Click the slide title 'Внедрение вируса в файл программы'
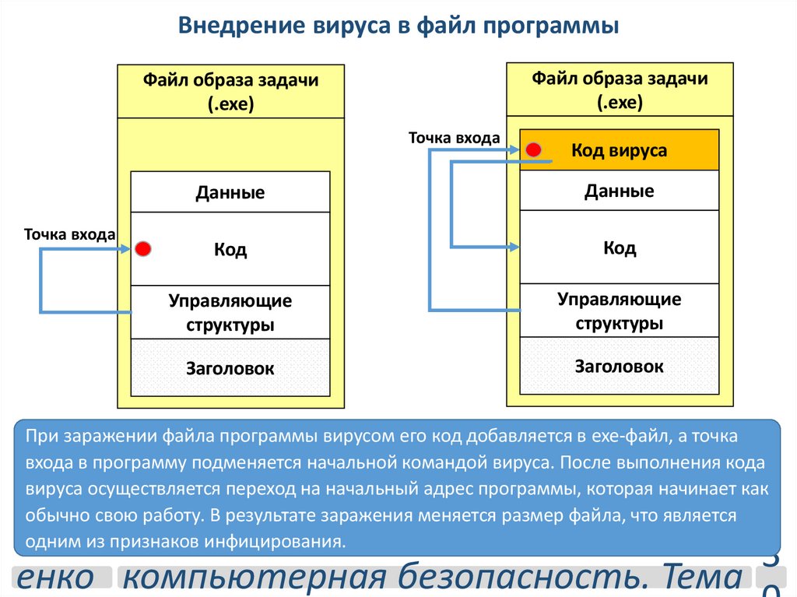398,26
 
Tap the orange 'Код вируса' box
619,150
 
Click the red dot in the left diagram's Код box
142,249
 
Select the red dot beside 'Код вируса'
533,149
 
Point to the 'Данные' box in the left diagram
230,192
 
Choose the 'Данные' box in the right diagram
619,191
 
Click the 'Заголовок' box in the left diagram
230,368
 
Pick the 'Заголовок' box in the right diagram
619,366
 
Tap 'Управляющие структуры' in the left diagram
230,312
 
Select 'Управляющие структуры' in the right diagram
619,311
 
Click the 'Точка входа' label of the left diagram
69,234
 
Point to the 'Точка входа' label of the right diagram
455,138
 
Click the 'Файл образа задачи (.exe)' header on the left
230,92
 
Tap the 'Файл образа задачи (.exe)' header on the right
620,90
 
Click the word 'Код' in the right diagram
620,248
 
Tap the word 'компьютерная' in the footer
255,578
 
